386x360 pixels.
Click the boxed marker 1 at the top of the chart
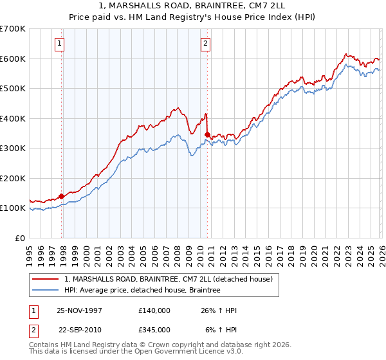point(59,44)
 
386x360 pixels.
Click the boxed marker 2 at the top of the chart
point(205,44)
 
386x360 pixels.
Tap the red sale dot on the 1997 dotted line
point(62,196)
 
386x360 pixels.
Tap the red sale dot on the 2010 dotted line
point(207,134)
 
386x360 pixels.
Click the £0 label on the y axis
point(19,238)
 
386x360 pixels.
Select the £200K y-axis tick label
point(13,178)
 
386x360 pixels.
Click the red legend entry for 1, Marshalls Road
point(169,279)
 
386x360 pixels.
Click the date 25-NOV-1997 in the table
point(79,310)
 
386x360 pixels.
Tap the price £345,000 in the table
point(154,330)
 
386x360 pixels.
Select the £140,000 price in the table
point(154,310)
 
